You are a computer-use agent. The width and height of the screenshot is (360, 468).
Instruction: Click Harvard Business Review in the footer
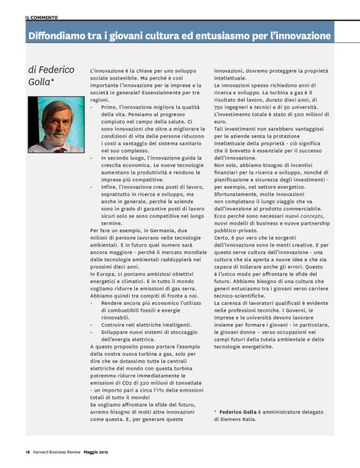tap(60, 452)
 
